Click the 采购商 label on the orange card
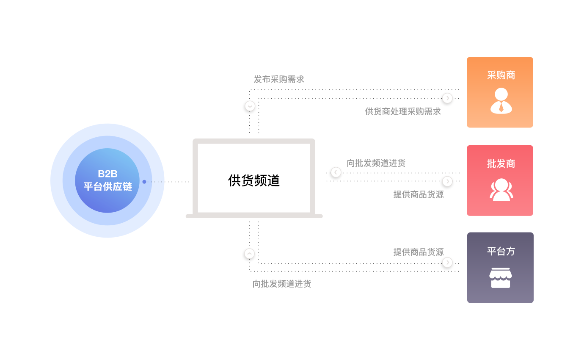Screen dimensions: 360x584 [x=501, y=75]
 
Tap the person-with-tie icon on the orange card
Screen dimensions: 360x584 [x=501, y=101]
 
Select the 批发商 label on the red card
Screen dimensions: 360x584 [x=501, y=164]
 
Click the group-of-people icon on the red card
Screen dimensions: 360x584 [x=501, y=189]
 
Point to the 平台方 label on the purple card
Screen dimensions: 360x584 [x=501, y=251]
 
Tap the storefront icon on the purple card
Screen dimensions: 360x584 [x=501, y=278]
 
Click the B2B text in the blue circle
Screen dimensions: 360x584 [x=107, y=174]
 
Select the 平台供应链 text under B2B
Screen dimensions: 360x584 [x=107, y=186]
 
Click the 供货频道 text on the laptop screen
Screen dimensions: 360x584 [x=254, y=181]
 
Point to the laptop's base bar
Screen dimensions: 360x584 [x=254, y=216]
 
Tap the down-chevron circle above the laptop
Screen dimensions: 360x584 [x=250, y=106]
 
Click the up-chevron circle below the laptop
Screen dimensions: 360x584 [x=250, y=253]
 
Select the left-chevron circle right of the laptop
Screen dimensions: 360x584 [x=336, y=172]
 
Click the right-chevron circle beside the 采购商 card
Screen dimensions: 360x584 [x=447, y=98]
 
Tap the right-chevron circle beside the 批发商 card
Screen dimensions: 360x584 [x=447, y=181]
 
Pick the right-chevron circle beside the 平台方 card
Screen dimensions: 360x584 [x=447, y=262]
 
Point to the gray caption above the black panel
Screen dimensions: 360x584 [x=279, y=79]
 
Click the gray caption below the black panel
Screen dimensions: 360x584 [x=282, y=284]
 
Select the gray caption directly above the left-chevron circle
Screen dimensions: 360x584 [x=376, y=163]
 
